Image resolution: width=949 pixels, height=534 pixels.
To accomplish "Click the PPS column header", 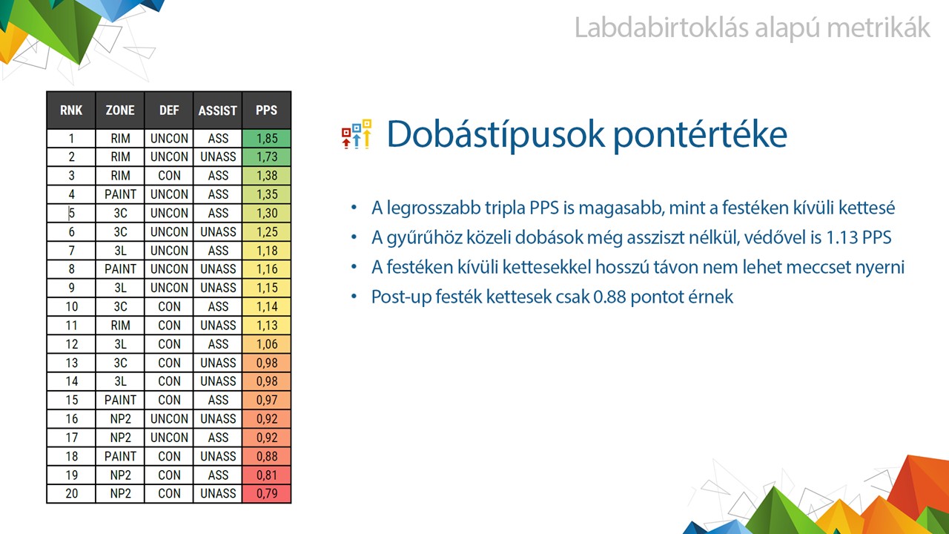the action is click(x=266, y=111).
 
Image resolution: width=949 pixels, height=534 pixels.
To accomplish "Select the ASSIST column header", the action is click(x=218, y=111).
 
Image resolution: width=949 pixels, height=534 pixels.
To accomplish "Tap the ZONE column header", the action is click(x=120, y=111).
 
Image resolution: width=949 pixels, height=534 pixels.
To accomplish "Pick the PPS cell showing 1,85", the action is click(x=266, y=138).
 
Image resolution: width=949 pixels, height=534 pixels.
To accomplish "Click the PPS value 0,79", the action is click(x=266, y=493).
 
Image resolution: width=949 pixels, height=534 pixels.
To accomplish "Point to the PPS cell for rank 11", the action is click(x=266, y=325).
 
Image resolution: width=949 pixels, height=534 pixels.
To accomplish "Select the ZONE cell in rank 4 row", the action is click(x=120, y=194).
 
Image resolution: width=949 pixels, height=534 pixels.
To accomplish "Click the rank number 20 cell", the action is click(x=71, y=493).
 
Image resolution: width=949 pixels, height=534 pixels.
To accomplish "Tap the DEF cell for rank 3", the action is click(x=169, y=176).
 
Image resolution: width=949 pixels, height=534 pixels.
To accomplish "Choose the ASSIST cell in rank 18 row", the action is click(x=218, y=456).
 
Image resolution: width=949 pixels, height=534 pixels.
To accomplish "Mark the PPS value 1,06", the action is click(x=266, y=343).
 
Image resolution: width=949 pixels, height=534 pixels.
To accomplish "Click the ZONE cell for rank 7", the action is click(x=120, y=251).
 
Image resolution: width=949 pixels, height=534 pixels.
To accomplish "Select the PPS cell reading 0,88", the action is click(x=266, y=456).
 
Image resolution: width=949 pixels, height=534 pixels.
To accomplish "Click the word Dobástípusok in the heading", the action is click(x=496, y=134).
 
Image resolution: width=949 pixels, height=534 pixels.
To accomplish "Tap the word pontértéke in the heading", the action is click(x=701, y=135).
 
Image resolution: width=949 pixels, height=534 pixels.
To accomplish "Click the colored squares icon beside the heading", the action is click(x=357, y=134).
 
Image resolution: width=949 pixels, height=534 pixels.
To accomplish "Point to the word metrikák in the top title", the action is click(x=879, y=27).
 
